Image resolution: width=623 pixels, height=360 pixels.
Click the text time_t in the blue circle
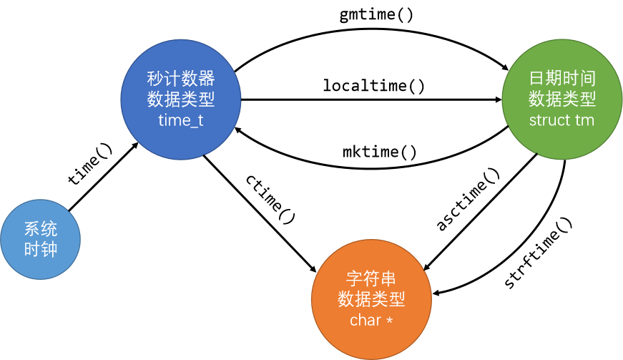click(x=181, y=120)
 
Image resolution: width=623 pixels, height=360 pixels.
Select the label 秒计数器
click(x=181, y=78)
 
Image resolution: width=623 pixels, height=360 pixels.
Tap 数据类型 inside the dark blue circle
click(x=181, y=99)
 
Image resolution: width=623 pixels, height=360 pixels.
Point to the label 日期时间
click(x=562, y=78)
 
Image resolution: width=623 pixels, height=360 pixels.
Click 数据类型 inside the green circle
click(x=562, y=99)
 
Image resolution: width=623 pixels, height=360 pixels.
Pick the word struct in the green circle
click(x=549, y=120)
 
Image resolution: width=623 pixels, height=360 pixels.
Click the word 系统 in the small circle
click(x=41, y=229)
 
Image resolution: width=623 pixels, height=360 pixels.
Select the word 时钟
click(x=41, y=250)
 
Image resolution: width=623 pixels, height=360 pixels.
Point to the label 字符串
click(x=371, y=278)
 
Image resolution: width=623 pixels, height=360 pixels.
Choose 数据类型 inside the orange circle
click(x=371, y=299)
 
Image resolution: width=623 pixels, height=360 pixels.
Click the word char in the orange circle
click(x=366, y=320)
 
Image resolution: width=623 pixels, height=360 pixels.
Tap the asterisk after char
click(x=389, y=320)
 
